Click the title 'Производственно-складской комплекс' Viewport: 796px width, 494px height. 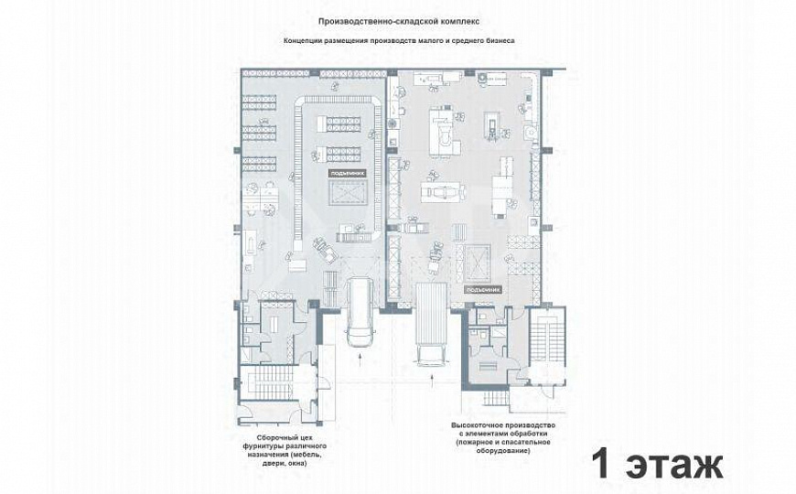[397, 20]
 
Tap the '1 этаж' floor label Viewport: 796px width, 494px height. [656, 462]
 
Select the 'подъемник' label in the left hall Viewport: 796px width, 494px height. [347, 172]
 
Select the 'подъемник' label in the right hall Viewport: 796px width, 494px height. [483, 288]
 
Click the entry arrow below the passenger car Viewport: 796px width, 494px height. [360, 360]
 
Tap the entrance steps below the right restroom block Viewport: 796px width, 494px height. [492, 399]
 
